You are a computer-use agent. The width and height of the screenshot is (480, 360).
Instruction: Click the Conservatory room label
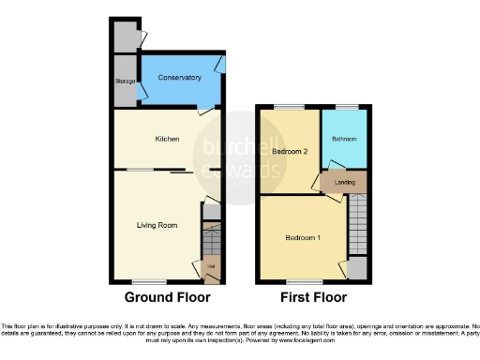[x=179, y=77]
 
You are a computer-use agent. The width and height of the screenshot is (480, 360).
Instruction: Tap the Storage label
[x=123, y=81]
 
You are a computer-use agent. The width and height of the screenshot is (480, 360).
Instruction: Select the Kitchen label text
[x=167, y=139]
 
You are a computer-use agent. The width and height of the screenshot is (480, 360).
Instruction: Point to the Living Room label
[x=157, y=225]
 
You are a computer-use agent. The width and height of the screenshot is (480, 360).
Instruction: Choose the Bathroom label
[x=343, y=140]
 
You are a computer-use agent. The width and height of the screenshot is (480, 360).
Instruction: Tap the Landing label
[x=332, y=183]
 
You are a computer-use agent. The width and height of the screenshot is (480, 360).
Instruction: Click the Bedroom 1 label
[x=304, y=236]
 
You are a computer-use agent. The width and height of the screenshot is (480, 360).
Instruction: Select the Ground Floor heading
[x=162, y=297]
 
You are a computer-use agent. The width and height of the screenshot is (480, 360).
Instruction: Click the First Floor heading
[x=311, y=297]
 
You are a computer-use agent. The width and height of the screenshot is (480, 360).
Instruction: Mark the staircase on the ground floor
[x=211, y=246]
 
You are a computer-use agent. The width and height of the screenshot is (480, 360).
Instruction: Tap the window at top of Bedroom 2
[x=283, y=108]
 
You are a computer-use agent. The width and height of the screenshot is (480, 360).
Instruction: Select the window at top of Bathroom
[x=344, y=108]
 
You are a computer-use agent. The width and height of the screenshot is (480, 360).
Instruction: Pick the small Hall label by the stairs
[x=210, y=267]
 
